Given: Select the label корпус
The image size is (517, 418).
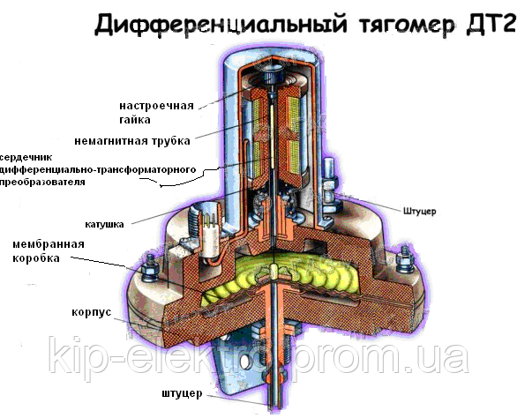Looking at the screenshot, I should pyautogui.click(x=91, y=312).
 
